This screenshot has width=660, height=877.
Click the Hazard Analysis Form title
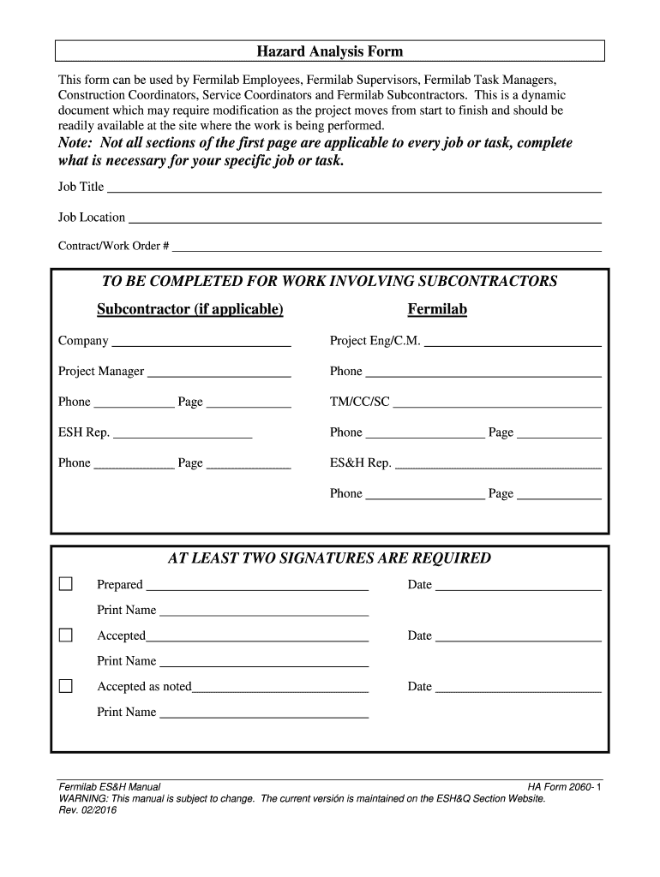(x=330, y=51)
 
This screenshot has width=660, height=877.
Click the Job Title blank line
(x=353, y=188)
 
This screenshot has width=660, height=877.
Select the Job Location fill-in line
(x=364, y=218)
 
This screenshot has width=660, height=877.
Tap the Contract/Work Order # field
(x=387, y=248)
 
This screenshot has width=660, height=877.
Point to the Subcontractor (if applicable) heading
(x=189, y=309)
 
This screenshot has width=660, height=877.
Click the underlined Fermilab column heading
(x=437, y=309)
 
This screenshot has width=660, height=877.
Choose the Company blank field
(x=201, y=343)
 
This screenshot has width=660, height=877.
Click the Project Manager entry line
(x=219, y=373)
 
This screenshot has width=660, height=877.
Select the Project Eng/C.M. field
(x=513, y=343)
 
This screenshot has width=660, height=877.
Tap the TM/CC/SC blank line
(x=497, y=403)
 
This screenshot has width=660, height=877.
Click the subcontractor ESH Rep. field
(x=183, y=434)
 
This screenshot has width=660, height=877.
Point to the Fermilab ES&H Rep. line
(x=498, y=465)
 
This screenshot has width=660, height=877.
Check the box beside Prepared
(x=66, y=584)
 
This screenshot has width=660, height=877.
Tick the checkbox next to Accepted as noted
(x=66, y=686)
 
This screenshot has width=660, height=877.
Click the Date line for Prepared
(x=519, y=587)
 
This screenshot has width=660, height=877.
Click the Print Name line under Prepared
(x=264, y=612)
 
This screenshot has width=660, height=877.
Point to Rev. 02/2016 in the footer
(x=87, y=809)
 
